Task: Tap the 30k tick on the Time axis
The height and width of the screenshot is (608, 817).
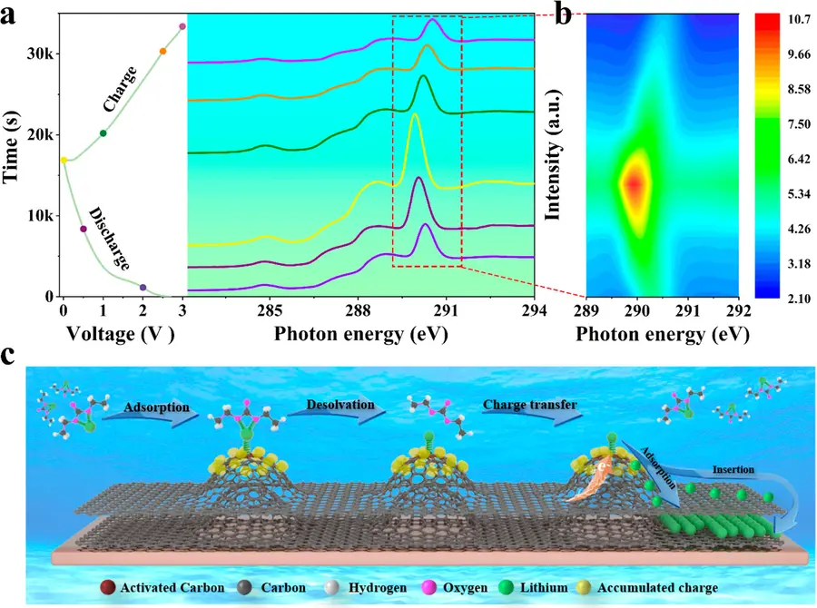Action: pyautogui.click(x=40, y=54)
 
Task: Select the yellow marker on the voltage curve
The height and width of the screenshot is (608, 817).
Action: pyautogui.click(x=63, y=160)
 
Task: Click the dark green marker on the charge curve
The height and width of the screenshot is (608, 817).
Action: pyautogui.click(x=103, y=133)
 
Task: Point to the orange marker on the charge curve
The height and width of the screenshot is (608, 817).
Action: pyautogui.click(x=162, y=51)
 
